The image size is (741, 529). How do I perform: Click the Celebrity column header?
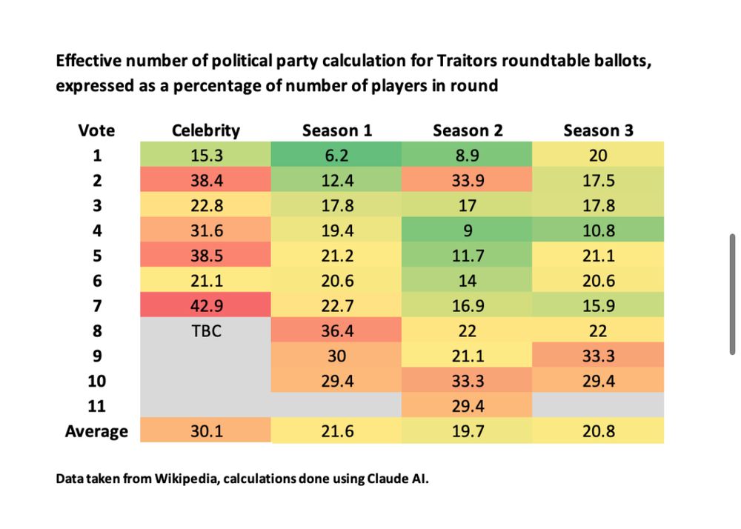pos(206,130)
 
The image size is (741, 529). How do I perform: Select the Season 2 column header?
pos(468,130)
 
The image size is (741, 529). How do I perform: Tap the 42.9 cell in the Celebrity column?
pos(206,306)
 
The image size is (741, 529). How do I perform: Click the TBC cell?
pos(206,331)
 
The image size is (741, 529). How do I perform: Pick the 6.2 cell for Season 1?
pos(337,156)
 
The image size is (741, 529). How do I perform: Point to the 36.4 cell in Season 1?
pos(337,331)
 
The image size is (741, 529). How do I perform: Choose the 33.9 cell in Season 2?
pos(468,181)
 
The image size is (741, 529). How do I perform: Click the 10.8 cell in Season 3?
pos(598,230)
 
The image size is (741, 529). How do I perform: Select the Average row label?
pos(96,431)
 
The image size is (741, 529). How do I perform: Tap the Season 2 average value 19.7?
pos(468,431)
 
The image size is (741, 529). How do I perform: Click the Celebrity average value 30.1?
pos(206,431)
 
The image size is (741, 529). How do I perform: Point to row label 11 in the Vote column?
pos(96,406)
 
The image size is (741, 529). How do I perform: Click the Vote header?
pos(96,130)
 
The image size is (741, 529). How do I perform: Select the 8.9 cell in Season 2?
pos(468,156)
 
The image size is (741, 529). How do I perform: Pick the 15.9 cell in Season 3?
pos(598,306)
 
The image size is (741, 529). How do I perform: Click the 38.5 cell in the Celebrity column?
pos(206,256)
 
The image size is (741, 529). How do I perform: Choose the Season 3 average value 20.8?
pos(598,431)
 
